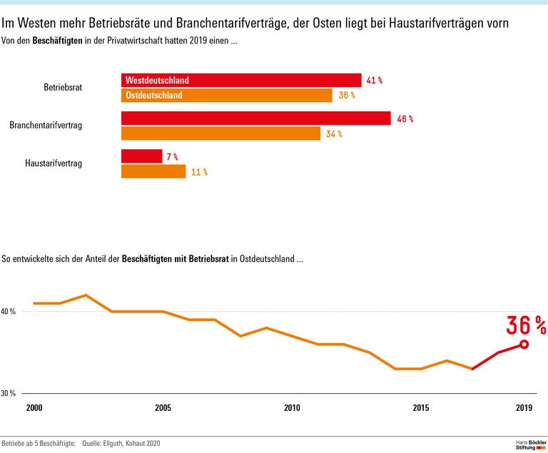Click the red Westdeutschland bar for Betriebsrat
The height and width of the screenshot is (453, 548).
[241, 81]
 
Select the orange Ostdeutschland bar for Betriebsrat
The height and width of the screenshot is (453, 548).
[226, 96]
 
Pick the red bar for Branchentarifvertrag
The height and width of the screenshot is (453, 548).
[255, 118]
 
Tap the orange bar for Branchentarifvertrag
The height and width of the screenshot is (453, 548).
[220, 133]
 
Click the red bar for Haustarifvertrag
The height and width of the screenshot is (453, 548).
[141, 156]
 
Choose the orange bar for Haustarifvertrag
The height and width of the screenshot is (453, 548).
[153, 171]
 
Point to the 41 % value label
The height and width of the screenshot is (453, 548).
[375, 81]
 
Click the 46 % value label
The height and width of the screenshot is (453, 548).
[405, 119]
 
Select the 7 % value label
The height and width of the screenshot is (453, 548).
[172, 156]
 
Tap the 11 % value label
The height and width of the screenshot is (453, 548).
[199, 172]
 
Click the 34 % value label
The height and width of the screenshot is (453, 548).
[335, 134]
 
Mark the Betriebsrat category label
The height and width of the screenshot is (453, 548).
[63, 88]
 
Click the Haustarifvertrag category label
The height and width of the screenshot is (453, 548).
[54, 163]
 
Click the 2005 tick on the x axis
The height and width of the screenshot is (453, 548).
[163, 408]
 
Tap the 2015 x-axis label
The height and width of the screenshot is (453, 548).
[421, 408]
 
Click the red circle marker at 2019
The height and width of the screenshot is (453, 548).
[524, 344]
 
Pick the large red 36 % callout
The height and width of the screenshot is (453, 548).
[526, 325]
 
